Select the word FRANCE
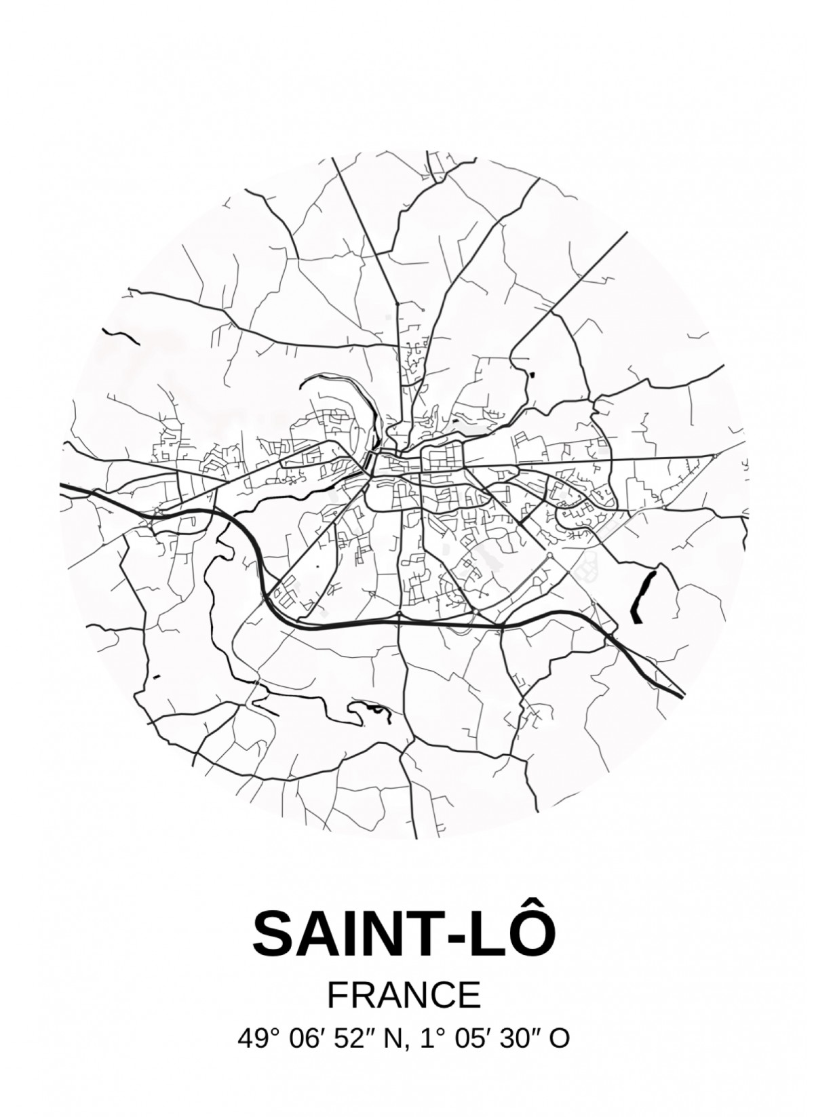click(404, 995)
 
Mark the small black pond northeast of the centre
click(530, 373)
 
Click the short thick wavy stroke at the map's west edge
click(119, 337)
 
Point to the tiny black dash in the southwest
click(157, 677)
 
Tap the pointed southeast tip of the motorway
click(684, 694)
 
